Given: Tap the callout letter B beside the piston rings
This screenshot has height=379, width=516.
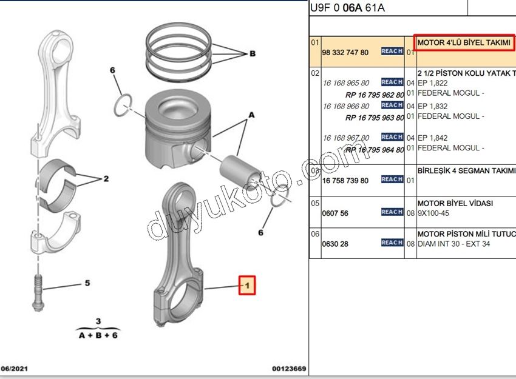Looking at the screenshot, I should [x=252, y=53].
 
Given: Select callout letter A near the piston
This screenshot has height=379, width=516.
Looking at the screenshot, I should [x=251, y=115].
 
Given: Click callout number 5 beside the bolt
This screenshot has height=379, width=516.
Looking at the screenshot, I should [x=87, y=283].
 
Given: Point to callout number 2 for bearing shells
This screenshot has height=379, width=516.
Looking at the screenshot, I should [x=106, y=179].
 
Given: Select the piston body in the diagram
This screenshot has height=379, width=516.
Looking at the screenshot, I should [x=174, y=130].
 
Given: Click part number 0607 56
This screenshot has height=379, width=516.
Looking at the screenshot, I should [x=336, y=213].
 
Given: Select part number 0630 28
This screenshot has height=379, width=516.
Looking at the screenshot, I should [x=336, y=244].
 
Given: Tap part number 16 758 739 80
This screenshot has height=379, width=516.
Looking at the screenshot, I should [x=345, y=181].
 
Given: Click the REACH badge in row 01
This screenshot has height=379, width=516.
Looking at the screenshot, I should [x=392, y=52].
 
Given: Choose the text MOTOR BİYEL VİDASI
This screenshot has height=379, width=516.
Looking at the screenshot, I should [x=455, y=203].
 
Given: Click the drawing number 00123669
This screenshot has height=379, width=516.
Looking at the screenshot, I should [x=288, y=369].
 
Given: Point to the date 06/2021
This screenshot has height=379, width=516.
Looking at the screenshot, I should [x=15, y=369].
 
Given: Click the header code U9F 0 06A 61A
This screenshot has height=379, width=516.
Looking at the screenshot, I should [x=347, y=8].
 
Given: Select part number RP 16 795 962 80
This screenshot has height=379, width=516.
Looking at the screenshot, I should [x=375, y=95].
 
